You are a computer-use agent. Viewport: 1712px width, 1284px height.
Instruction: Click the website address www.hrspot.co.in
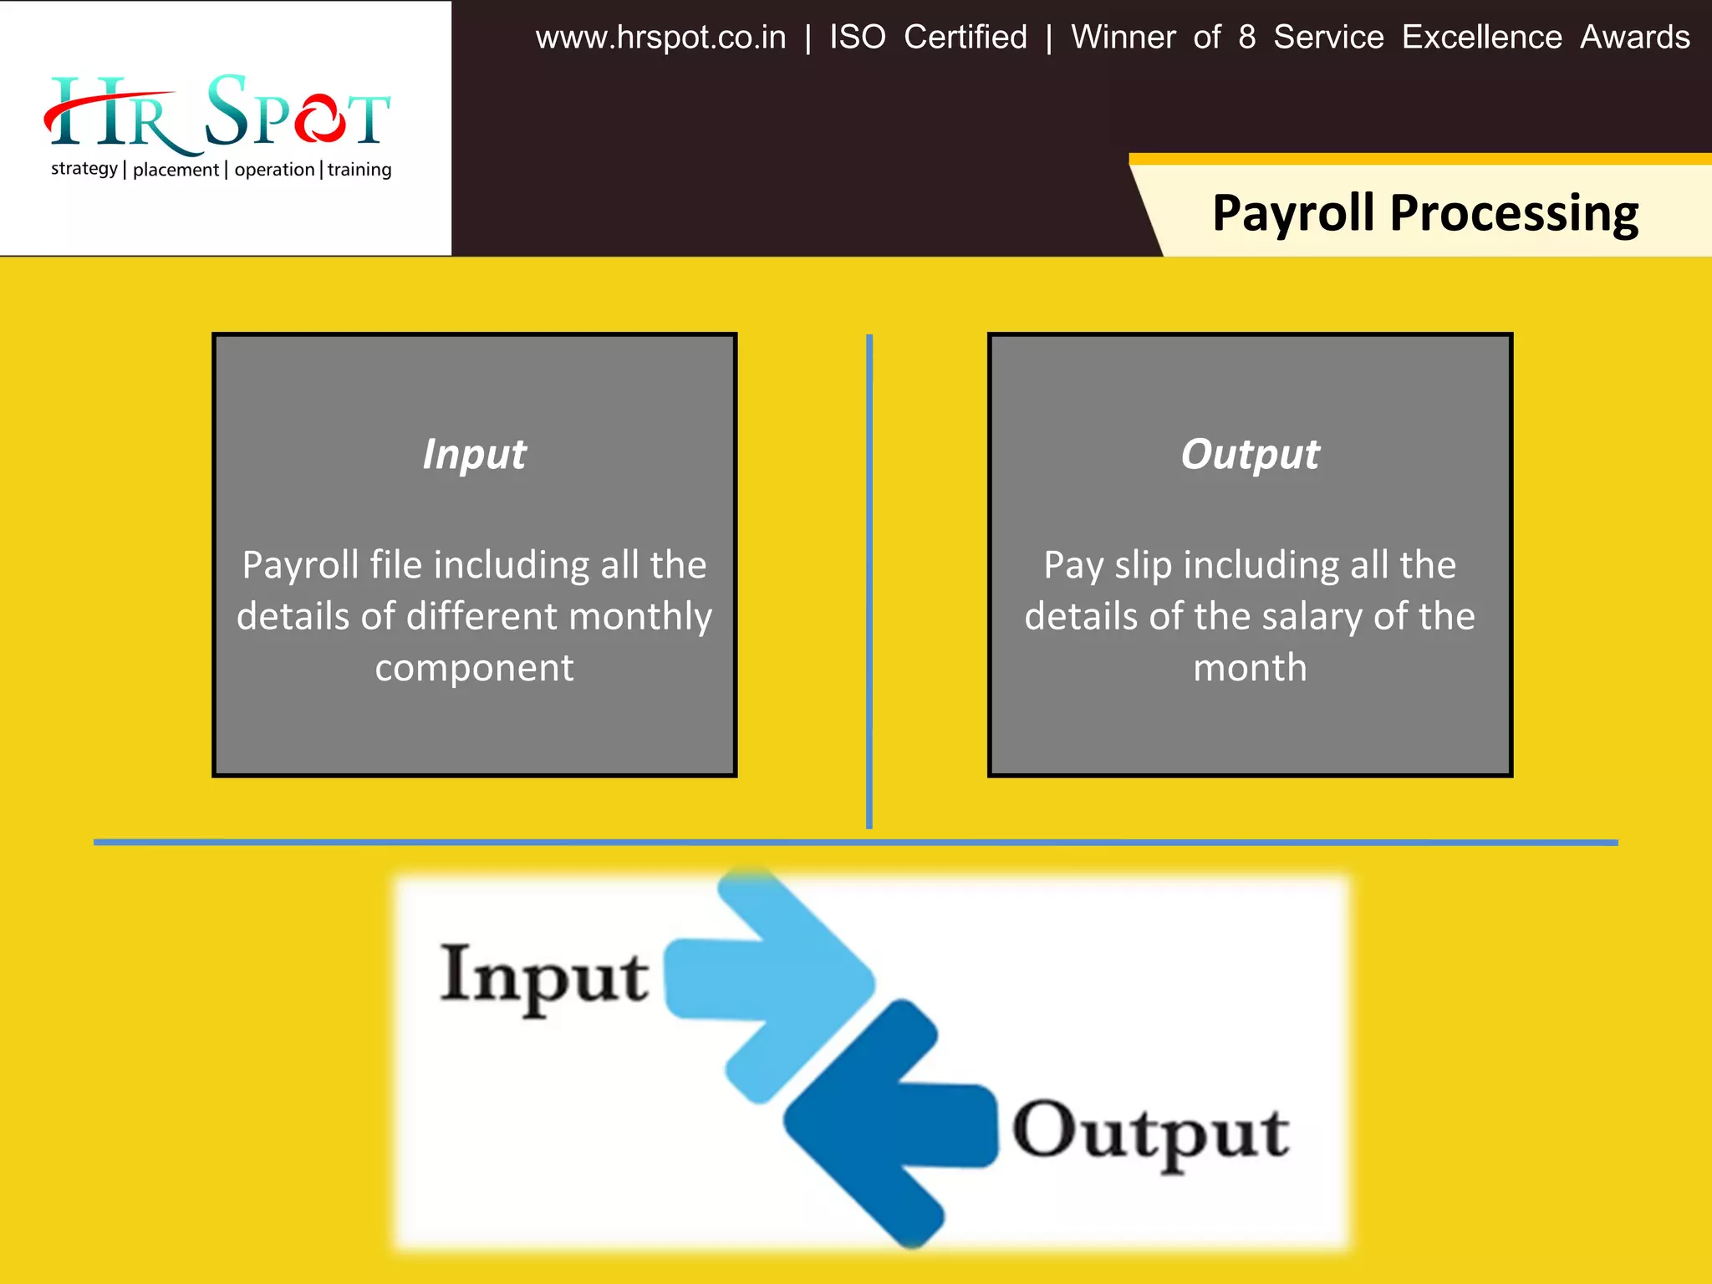click(660, 38)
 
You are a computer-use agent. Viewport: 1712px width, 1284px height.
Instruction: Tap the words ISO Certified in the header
click(928, 38)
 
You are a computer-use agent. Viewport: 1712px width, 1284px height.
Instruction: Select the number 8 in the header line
click(1246, 38)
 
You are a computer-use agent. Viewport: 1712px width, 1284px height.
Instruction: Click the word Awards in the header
click(1634, 38)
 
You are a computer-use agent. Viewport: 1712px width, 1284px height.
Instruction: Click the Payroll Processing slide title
click(1425, 212)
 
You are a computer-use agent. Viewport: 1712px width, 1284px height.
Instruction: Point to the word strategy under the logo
click(84, 169)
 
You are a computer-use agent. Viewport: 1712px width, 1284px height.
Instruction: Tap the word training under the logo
click(359, 170)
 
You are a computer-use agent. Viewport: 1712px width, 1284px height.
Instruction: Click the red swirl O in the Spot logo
click(319, 119)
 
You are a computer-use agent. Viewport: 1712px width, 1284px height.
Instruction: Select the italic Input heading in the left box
click(474, 454)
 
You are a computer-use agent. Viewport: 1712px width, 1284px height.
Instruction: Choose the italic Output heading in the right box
click(1250, 454)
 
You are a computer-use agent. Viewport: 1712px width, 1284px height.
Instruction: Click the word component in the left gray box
click(474, 668)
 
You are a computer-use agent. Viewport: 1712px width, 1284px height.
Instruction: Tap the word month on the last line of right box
click(1250, 668)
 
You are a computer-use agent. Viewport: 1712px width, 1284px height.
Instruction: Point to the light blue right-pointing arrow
click(777, 978)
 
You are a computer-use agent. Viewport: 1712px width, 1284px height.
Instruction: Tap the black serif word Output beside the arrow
click(1150, 1132)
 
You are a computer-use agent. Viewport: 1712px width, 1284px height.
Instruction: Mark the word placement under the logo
click(176, 170)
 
